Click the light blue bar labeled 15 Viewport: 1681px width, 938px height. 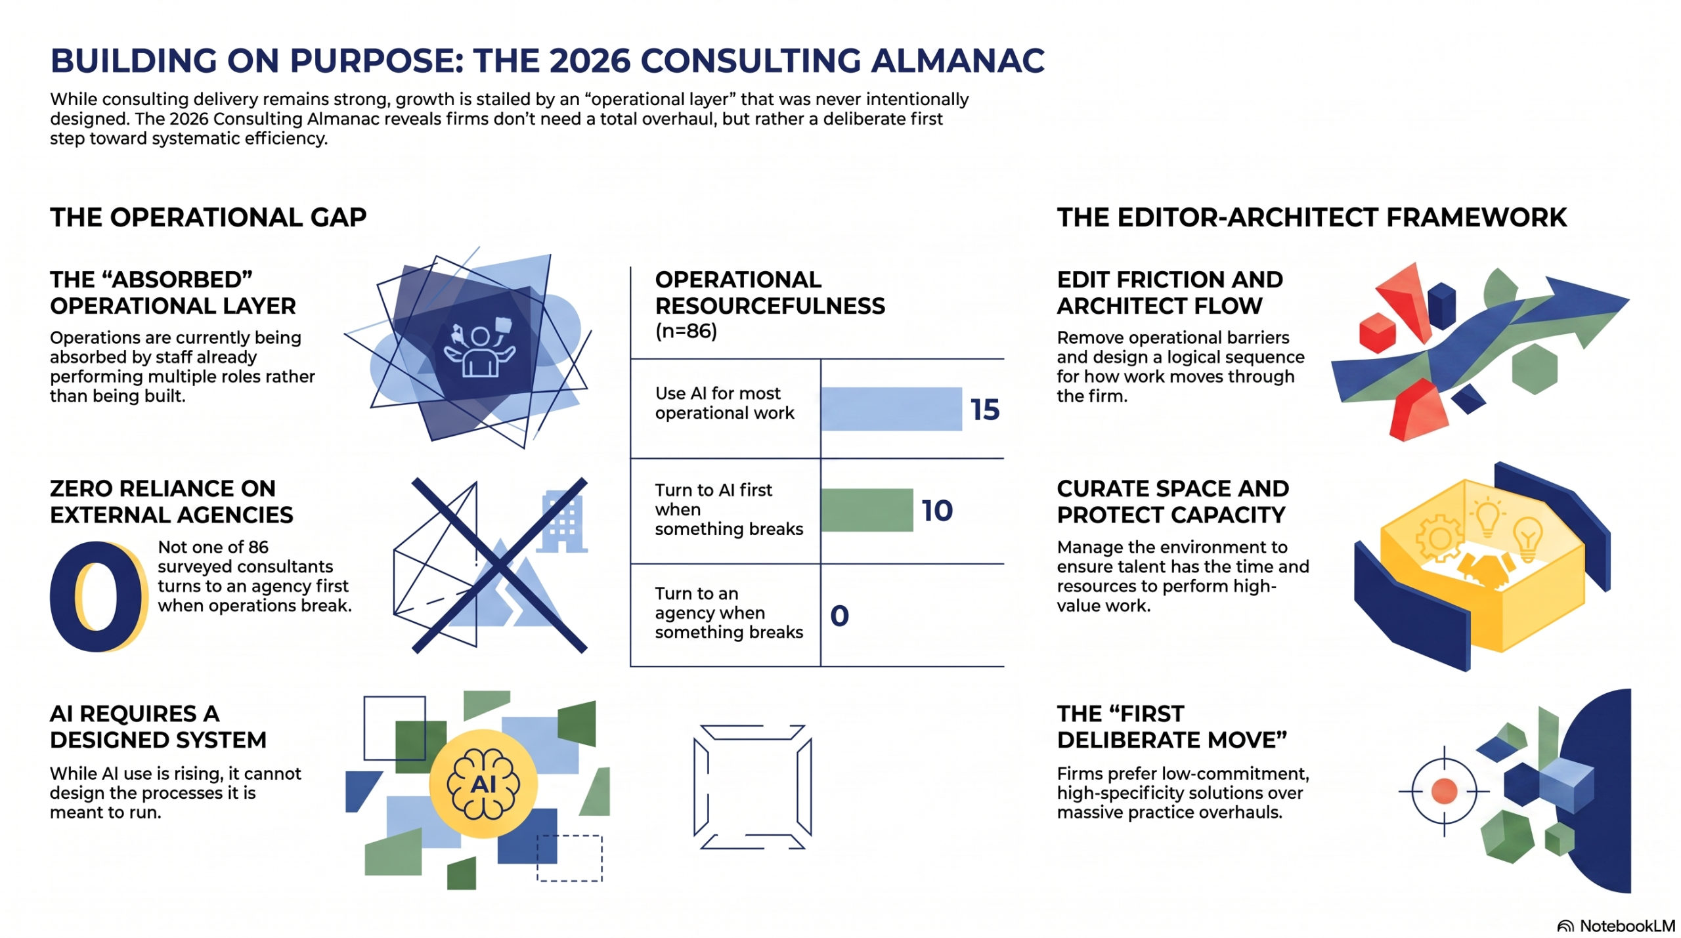pyautogui.click(x=891, y=408)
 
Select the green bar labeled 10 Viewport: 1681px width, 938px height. pyautogui.click(x=867, y=509)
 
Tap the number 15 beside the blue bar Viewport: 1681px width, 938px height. pyautogui.click(x=985, y=410)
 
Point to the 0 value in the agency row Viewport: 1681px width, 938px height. pyautogui.click(x=839, y=615)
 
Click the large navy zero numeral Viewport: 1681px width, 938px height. pyautogui.click(x=98, y=596)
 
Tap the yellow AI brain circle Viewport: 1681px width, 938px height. pyautogui.click(x=483, y=783)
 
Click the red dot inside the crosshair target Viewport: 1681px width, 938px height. pyautogui.click(x=1444, y=791)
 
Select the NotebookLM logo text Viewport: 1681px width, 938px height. pyautogui.click(x=1616, y=926)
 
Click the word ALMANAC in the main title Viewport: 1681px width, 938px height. pyautogui.click(x=957, y=60)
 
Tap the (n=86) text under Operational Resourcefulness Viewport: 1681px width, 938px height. pyautogui.click(x=686, y=331)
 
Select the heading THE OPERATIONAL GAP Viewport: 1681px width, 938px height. pyautogui.click(x=208, y=217)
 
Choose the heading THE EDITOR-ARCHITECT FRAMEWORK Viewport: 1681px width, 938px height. pyautogui.click(x=1311, y=217)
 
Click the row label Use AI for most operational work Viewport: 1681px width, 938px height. pyautogui.click(x=724, y=402)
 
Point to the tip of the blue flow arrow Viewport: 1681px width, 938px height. pyautogui.click(x=1629, y=300)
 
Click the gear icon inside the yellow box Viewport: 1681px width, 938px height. pyautogui.click(x=1438, y=538)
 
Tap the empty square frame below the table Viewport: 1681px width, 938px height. pyautogui.click(x=753, y=786)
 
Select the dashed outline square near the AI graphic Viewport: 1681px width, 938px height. pyautogui.click(x=569, y=858)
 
